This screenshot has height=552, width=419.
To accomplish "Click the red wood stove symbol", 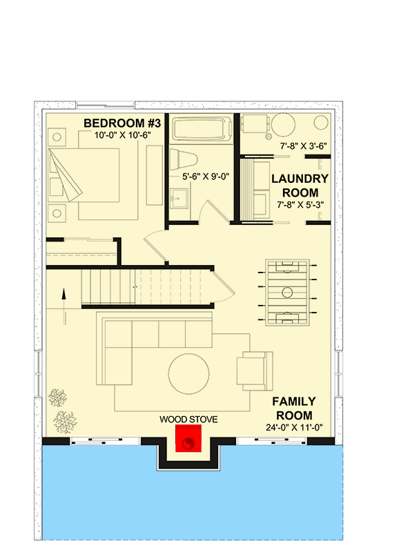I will tap(188, 438).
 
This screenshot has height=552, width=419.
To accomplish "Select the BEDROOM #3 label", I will tap(122, 123).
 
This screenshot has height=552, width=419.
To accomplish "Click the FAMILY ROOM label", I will tap(293, 408).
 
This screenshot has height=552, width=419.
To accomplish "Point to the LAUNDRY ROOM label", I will tap(299, 185).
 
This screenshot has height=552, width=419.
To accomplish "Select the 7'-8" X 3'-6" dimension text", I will tap(303, 147).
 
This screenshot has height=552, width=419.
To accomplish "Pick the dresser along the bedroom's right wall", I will tap(154, 173).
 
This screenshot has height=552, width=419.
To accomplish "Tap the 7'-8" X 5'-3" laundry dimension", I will tap(299, 204).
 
